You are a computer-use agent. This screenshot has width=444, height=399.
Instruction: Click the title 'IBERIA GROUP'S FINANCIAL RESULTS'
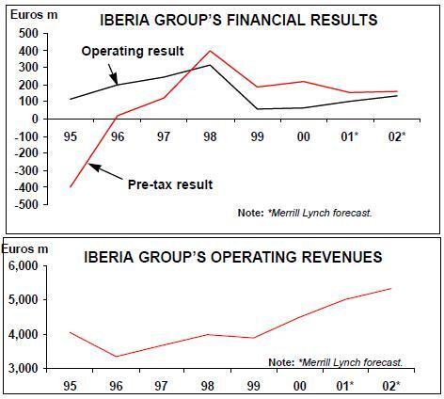coord(239,20)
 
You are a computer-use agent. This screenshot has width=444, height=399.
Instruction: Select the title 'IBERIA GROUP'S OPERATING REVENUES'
coord(233,257)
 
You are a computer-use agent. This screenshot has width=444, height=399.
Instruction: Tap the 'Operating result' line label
coord(133,51)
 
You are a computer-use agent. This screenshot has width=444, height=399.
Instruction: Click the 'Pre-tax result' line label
coord(170,184)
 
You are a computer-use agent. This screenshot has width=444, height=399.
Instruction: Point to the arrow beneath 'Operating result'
coord(113,74)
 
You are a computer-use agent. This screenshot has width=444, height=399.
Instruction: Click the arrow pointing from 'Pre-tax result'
coord(105,171)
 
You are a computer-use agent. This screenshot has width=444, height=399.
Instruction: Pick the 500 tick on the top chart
coord(28,34)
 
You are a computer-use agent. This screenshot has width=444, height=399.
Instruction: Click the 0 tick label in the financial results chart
coord(34,119)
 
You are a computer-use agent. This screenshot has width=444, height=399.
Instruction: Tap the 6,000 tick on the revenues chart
coord(24,266)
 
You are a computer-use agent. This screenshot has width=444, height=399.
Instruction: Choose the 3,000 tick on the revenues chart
coord(24,368)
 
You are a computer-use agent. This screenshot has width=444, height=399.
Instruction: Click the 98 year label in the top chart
coord(210,136)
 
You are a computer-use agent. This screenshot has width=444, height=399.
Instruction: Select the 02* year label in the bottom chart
coord(391,386)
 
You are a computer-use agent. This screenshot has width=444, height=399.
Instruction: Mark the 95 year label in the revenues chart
coord(70,386)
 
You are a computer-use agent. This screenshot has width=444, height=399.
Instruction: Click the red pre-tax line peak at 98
coord(210,51)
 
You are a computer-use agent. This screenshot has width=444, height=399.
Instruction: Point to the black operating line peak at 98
coord(210,65)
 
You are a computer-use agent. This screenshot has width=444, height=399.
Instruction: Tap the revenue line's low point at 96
coord(117,357)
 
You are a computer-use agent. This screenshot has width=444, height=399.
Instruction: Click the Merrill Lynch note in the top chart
coord(305,213)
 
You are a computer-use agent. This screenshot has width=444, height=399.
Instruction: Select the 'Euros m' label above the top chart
coord(34,15)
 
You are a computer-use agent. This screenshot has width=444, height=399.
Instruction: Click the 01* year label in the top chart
coord(350,136)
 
